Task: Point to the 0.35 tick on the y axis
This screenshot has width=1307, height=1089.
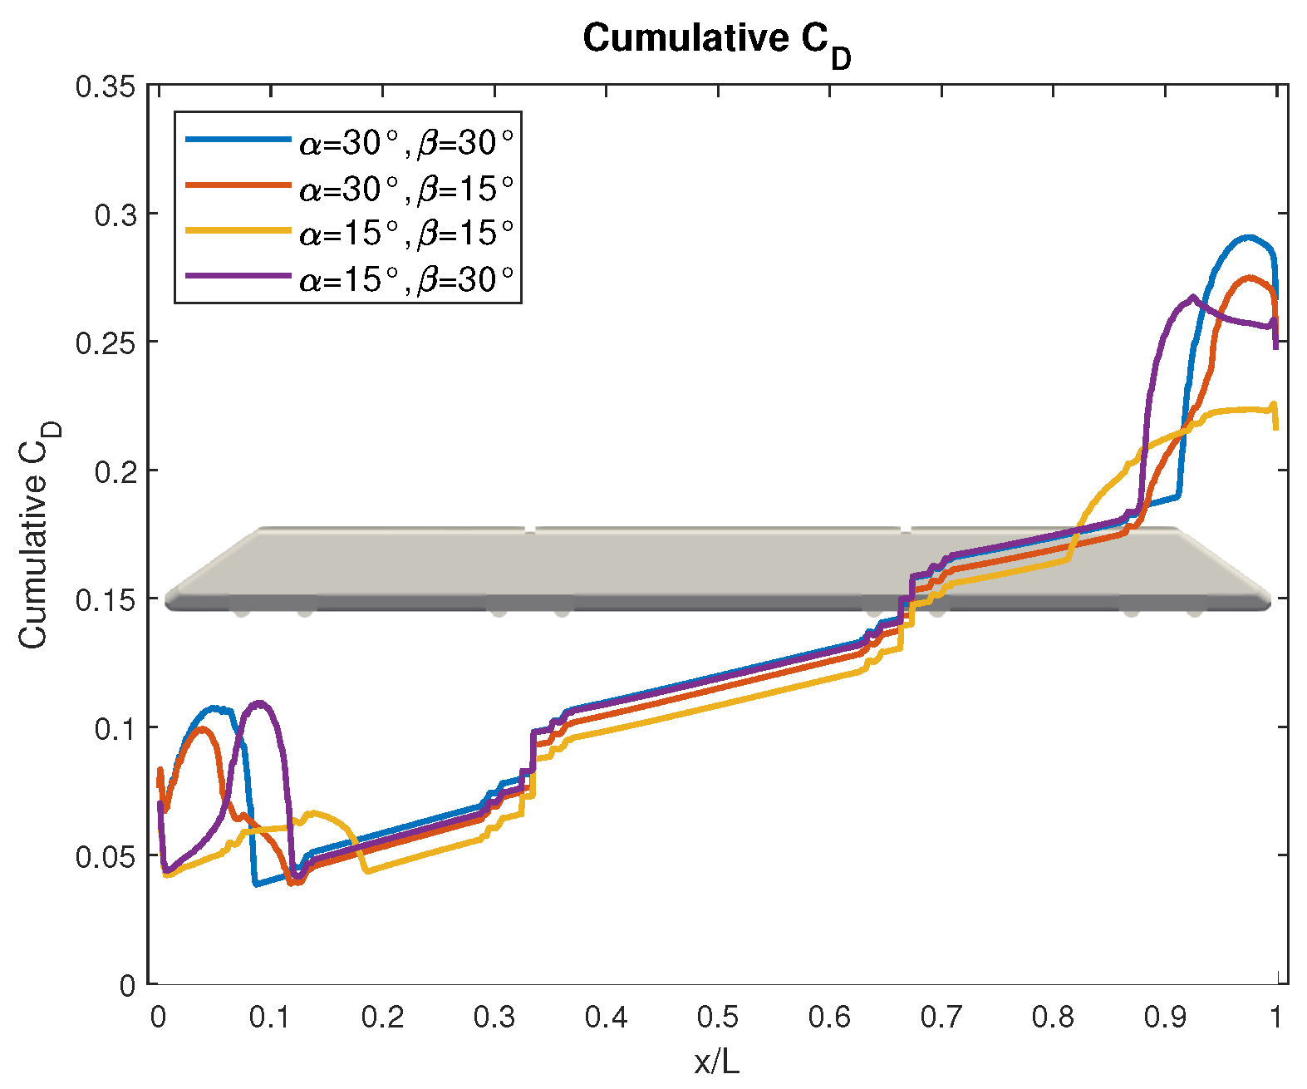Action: [x=106, y=86]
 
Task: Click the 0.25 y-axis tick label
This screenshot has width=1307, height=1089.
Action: [x=106, y=342]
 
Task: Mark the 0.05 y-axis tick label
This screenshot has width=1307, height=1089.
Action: [x=106, y=856]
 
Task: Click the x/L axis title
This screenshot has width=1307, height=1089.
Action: [x=716, y=1062]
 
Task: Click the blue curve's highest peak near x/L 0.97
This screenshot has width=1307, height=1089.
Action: [x=1248, y=238]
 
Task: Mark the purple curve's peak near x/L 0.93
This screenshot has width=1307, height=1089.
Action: [x=1193, y=297]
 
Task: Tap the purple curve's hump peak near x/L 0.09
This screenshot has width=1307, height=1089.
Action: [x=260, y=703]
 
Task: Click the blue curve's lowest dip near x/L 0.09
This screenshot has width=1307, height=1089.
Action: [x=257, y=884]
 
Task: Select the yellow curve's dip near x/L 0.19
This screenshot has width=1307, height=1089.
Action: [x=368, y=870]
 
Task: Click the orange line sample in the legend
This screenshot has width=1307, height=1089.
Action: [x=238, y=185]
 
